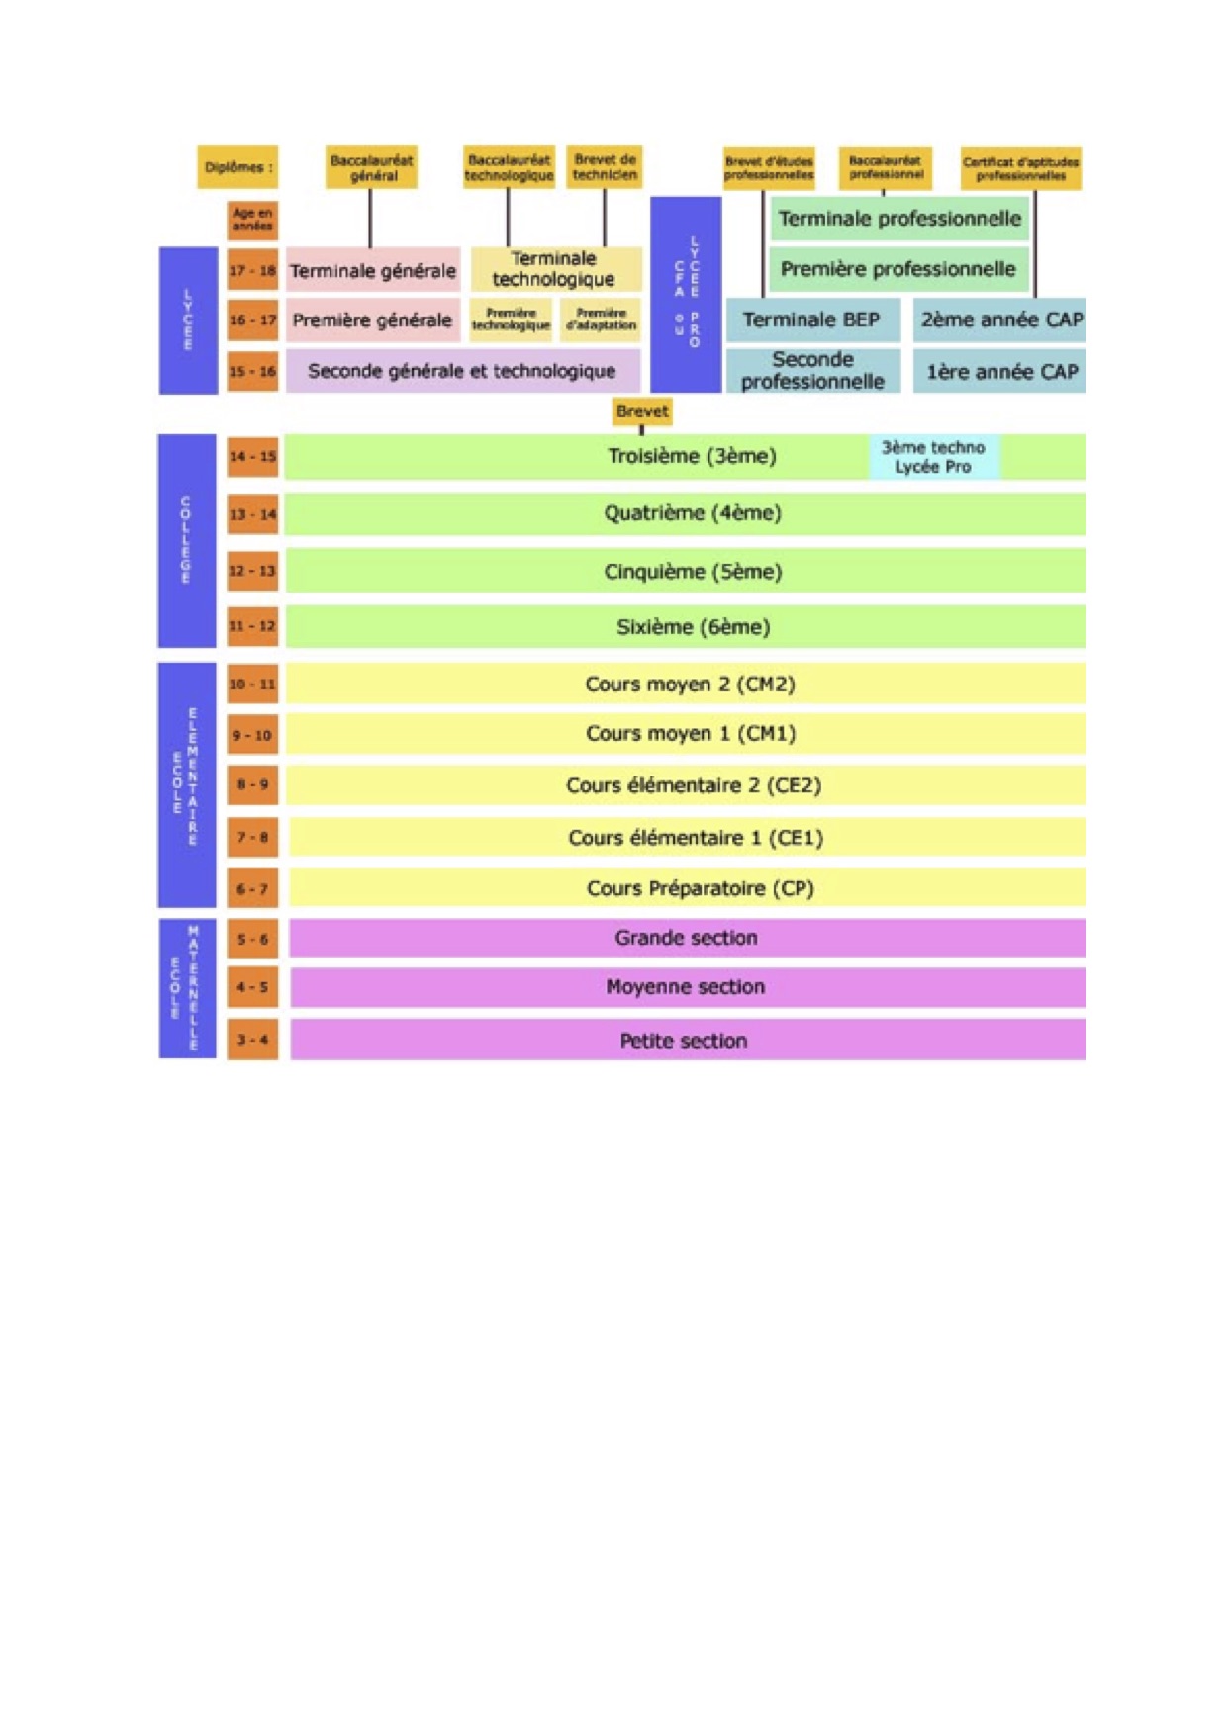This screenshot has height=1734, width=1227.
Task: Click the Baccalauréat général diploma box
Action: [371, 167]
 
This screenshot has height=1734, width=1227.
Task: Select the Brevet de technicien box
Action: [605, 167]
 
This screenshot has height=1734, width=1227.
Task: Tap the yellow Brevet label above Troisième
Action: [641, 411]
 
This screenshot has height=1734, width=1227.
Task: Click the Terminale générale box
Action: [373, 270]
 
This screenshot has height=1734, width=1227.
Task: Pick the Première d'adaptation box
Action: [601, 319]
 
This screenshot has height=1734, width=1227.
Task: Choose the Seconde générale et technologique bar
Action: [462, 371]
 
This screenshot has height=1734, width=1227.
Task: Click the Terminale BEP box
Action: [811, 319]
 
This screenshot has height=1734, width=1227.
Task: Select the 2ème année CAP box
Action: [1000, 319]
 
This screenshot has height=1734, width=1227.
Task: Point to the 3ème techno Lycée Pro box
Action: [933, 457]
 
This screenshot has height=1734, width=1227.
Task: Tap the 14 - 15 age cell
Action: [252, 457]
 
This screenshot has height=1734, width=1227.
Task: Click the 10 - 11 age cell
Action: [252, 684]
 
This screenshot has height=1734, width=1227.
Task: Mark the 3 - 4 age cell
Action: [252, 1040]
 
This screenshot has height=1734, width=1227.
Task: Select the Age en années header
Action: [252, 220]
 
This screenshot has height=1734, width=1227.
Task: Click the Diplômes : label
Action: [237, 167]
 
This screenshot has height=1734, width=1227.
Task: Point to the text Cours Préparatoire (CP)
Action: [700, 888]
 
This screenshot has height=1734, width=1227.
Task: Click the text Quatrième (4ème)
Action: [693, 513]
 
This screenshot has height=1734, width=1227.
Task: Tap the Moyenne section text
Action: [685, 987]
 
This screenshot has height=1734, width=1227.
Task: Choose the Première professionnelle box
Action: [897, 269]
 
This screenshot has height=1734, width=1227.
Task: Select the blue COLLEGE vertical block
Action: [186, 540]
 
